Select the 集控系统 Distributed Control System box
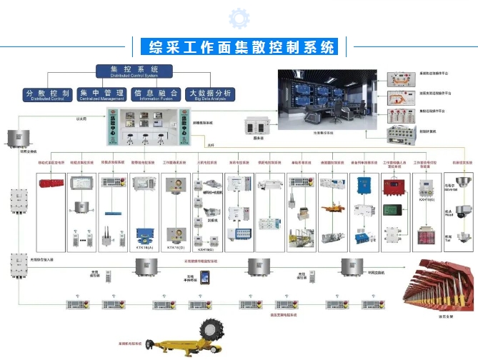(x=134, y=71)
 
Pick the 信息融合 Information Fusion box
(x=157, y=94)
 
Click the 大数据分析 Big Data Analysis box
(x=209, y=94)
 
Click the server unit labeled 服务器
(x=256, y=124)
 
